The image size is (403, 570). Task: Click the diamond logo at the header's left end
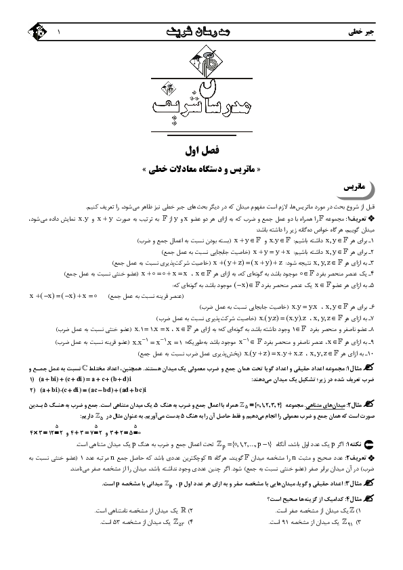coord(30,32)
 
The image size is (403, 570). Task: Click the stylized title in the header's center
coord(201,31)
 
